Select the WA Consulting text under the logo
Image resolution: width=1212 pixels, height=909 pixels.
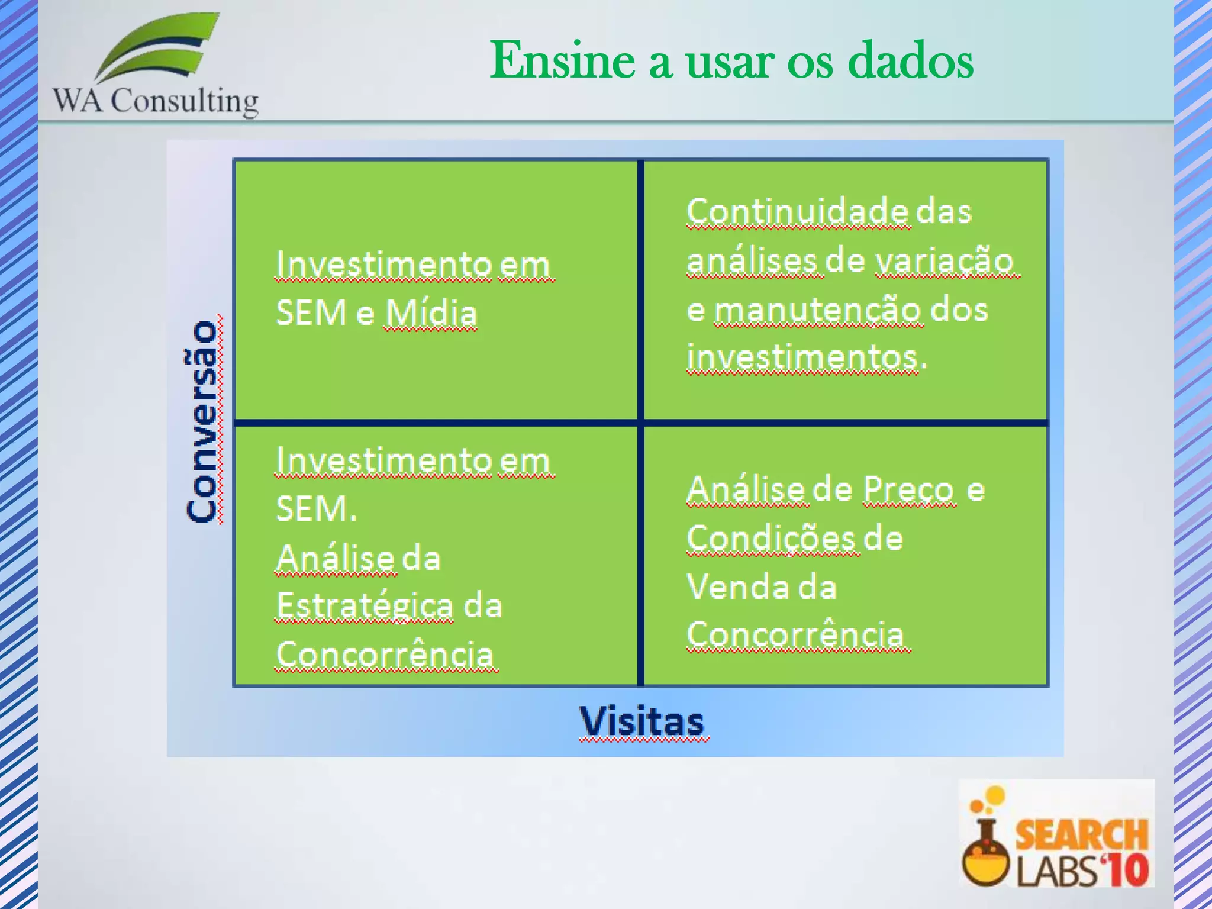click(156, 101)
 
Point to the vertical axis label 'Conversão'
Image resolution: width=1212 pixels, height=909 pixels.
click(202, 421)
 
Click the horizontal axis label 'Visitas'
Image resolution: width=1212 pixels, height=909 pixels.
click(642, 721)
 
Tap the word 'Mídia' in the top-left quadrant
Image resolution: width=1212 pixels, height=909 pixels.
click(431, 313)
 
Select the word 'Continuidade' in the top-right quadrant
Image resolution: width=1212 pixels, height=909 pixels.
click(797, 211)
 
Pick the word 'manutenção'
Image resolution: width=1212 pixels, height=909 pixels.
click(818, 310)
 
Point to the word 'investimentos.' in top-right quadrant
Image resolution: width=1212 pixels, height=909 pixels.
click(806, 358)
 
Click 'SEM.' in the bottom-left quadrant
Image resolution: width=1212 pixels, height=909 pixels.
click(317, 509)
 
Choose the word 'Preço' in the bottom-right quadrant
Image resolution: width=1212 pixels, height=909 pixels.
click(908, 490)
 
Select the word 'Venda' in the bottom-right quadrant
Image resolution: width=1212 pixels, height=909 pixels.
click(736, 587)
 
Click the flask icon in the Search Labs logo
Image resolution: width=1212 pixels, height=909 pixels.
click(985, 852)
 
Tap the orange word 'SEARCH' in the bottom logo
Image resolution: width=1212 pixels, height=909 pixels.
click(1081, 834)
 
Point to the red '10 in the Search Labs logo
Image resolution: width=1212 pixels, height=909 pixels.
click(1124, 871)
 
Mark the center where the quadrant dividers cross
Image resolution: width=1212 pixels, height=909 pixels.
click(641, 423)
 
